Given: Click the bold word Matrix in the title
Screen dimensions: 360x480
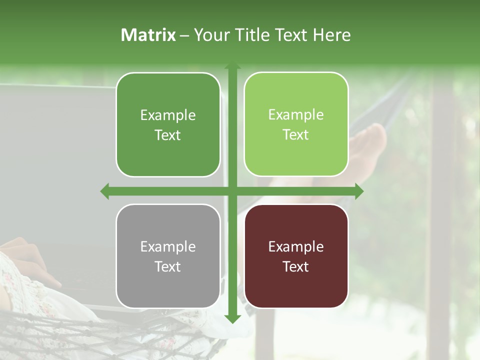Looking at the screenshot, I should coord(148,35).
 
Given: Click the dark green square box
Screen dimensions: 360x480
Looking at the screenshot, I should coord(168,124).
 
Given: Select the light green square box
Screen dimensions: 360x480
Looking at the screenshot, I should coord(296,124).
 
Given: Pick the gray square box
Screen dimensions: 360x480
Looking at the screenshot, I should coord(168,256).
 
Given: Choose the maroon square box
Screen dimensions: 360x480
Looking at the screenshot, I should coord(296,256).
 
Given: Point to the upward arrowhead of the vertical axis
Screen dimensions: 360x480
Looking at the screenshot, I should coord(232,67).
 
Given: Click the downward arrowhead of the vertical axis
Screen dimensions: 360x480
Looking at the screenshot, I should coord(232,318).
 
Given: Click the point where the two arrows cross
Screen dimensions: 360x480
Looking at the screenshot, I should coord(232,191).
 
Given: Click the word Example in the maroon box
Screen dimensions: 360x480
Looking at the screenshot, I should coord(296,246).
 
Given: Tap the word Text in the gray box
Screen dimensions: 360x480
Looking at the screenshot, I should coord(167,266).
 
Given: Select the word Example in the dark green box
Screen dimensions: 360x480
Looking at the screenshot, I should coord(168,115).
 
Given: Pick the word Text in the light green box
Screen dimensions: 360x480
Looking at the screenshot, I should coord(296,135).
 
